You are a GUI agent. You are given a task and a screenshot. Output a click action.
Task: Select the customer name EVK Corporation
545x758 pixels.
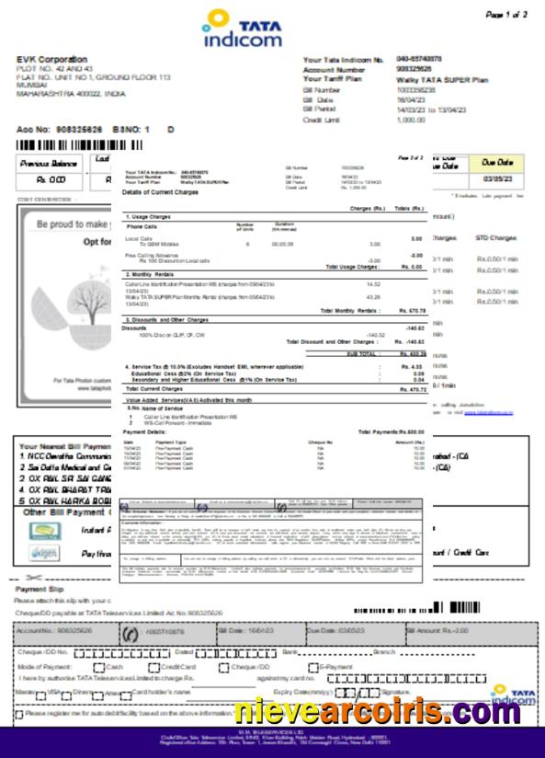(51, 60)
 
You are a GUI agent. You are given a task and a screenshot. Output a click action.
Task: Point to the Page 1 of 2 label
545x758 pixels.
(506, 15)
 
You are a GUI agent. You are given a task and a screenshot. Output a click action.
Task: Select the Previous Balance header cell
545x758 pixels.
(51, 163)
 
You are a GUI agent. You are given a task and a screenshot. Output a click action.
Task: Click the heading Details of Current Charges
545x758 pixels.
(160, 191)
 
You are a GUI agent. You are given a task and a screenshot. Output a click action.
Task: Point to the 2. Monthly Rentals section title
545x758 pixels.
(152, 274)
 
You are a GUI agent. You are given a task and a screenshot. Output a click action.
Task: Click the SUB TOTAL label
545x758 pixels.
(362, 353)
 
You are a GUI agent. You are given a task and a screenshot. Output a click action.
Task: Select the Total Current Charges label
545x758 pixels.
(155, 389)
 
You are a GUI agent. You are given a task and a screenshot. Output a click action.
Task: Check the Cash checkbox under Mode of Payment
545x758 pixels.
(100, 666)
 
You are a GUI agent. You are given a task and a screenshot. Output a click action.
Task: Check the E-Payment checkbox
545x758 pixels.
(313, 666)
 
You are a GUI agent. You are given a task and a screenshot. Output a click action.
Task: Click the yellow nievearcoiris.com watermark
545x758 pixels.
(377, 712)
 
